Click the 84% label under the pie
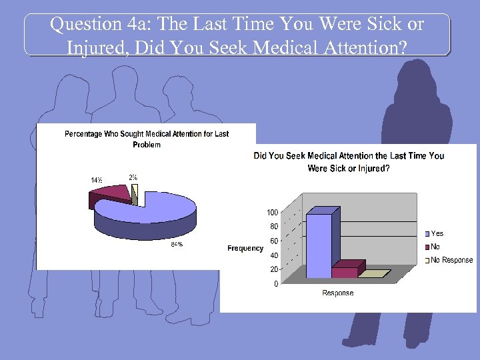pyautogui.click(x=176, y=244)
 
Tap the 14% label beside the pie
pyautogui.click(x=97, y=179)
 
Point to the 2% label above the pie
pyautogui.click(x=133, y=177)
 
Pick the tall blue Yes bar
pyautogui.click(x=319, y=243)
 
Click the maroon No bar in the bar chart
pyautogui.click(x=344, y=272)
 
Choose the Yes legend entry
pyautogui.click(x=437, y=233)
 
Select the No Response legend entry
pyautogui.click(x=451, y=260)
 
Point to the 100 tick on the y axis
pyautogui.click(x=273, y=213)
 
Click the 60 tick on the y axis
pyautogui.click(x=273, y=241)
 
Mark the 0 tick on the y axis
pyautogui.click(x=275, y=284)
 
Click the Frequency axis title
pyautogui.click(x=245, y=248)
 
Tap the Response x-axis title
pyautogui.click(x=338, y=293)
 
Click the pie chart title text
pyautogui.click(x=147, y=139)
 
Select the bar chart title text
pyautogui.click(x=349, y=162)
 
